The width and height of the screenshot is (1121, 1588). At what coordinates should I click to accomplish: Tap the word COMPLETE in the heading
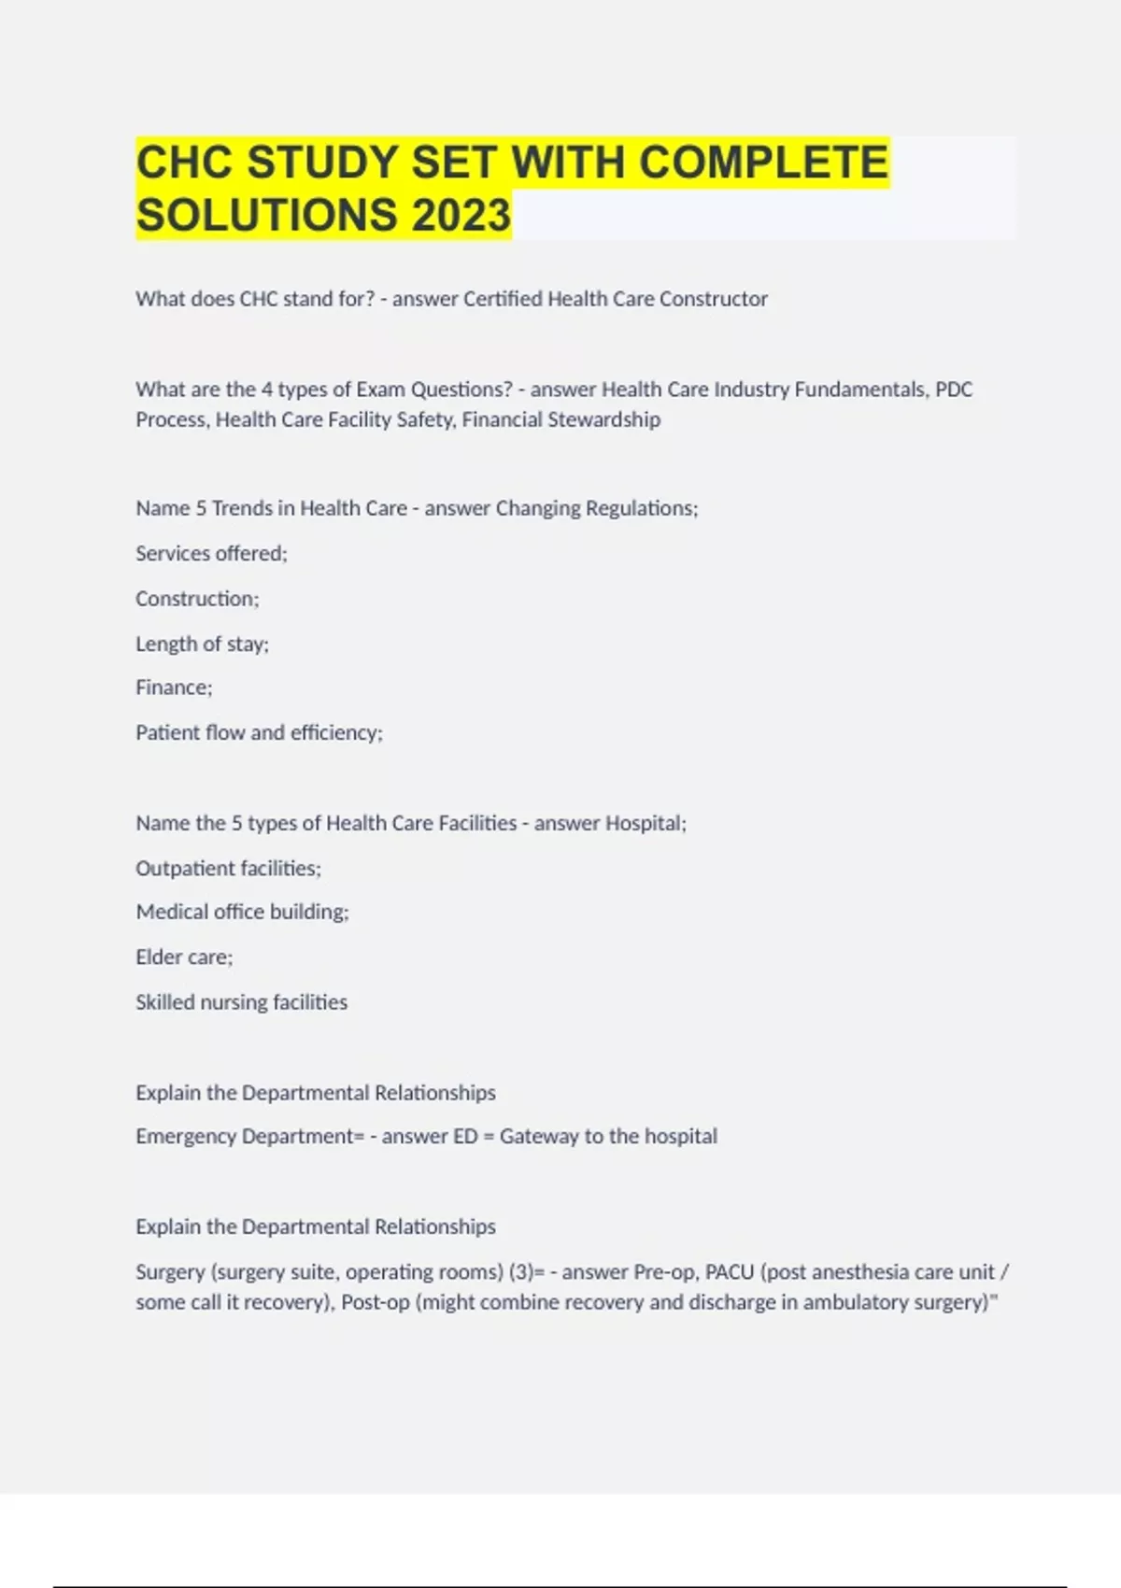click(x=763, y=163)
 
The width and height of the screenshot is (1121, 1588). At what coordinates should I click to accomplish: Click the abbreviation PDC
click(x=954, y=390)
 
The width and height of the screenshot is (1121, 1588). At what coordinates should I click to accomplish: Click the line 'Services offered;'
click(x=211, y=553)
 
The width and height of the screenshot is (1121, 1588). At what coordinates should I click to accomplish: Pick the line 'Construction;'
click(x=197, y=599)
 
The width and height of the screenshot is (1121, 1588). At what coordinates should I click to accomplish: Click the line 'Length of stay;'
click(x=202, y=644)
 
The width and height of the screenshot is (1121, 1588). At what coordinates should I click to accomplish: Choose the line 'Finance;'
click(x=174, y=688)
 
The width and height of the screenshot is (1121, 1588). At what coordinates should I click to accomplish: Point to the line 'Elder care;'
click(x=184, y=957)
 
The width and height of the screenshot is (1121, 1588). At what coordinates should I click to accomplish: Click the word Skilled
click(x=164, y=1002)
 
